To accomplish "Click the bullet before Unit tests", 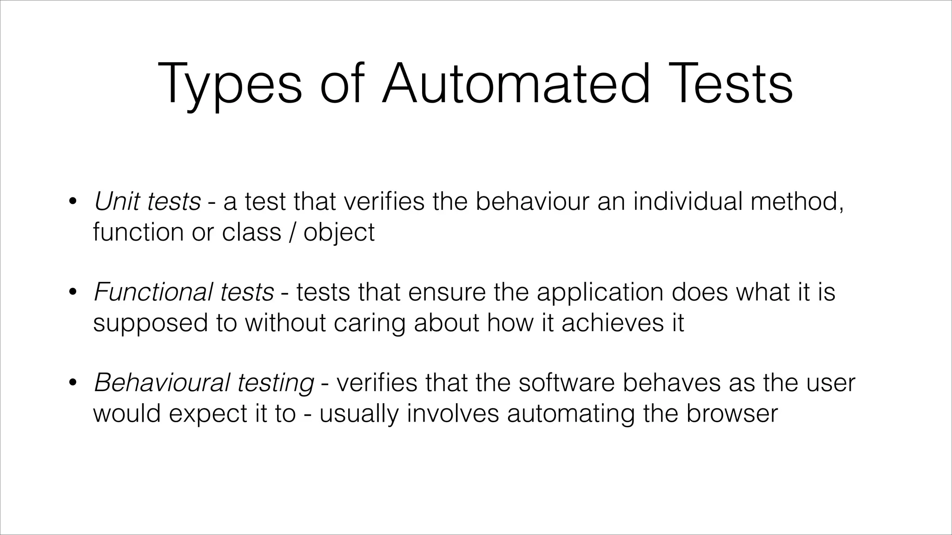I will [72, 202].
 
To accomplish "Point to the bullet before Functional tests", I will [72, 293].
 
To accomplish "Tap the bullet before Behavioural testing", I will [72, 383].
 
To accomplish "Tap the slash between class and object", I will [292, 232].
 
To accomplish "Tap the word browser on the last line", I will [732, 413].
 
